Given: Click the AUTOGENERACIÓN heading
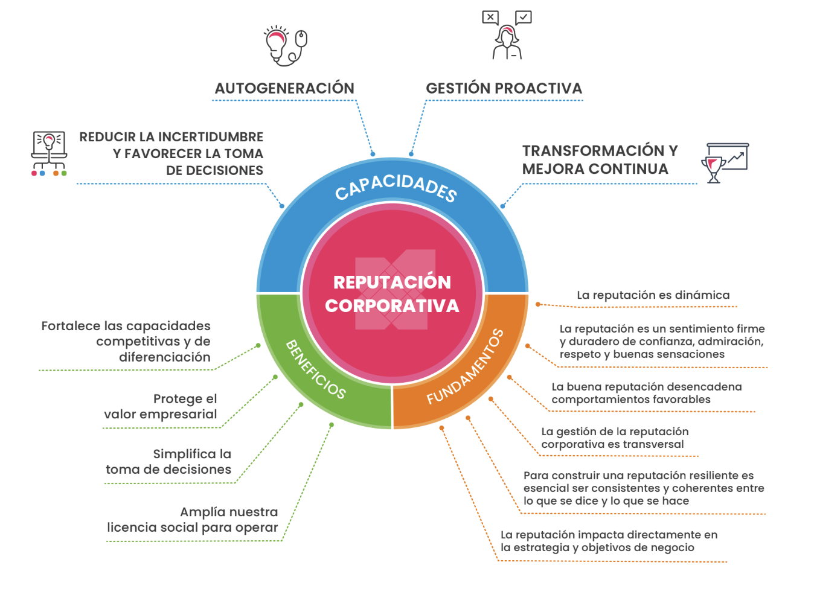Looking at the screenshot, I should click(284, 88).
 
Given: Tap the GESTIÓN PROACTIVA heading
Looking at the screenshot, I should click(504, 88).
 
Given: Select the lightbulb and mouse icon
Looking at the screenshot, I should click(286, 45).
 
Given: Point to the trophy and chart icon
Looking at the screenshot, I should click(725, 162).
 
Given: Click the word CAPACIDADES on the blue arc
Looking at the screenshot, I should click(396, 187).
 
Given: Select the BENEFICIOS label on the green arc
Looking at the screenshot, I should click(315, 369).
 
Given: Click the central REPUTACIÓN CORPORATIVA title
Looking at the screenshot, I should click(392, 293).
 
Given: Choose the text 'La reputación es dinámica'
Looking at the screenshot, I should click(653, 295).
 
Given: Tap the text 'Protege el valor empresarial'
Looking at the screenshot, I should click(161, 406).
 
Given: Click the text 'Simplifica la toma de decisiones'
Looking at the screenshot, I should click(169, 462).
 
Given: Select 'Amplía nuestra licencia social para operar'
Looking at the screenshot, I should click(193, 520).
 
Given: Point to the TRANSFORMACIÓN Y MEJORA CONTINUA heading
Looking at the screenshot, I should click(600, 159).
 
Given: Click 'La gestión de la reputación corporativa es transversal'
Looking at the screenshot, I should click(614, 438).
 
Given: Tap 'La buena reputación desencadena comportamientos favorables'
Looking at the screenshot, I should click(646, 393).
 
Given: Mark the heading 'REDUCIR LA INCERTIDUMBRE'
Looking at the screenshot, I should click(171, 137).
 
